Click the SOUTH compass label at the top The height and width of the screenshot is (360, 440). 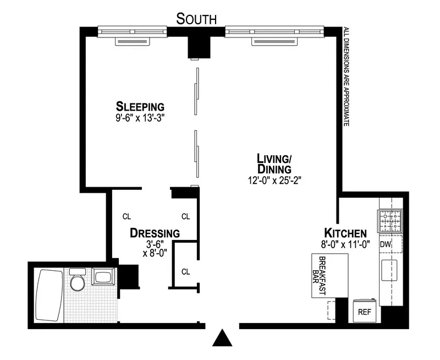coord(196,19)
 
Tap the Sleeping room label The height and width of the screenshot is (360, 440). coord(140,106)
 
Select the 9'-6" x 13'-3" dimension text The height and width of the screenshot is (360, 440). coord(140,117)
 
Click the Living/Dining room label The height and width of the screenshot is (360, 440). coord(274,163)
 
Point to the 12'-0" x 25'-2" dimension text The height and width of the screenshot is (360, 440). coord(275,179)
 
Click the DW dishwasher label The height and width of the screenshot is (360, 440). coord(385,244)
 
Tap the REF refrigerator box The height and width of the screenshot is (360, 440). coord(365,312)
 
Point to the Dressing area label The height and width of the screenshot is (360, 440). coord(155,233)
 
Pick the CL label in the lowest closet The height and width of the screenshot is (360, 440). coord(185,271)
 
